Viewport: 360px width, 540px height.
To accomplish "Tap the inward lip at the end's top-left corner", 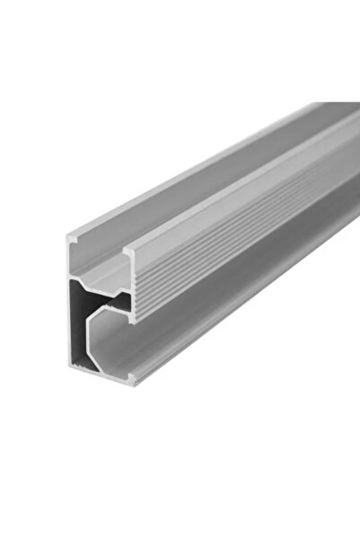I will (73, 239).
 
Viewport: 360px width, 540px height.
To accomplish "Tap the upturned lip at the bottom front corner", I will (132, 376).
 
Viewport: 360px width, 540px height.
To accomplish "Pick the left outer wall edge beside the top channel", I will (68, 261).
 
